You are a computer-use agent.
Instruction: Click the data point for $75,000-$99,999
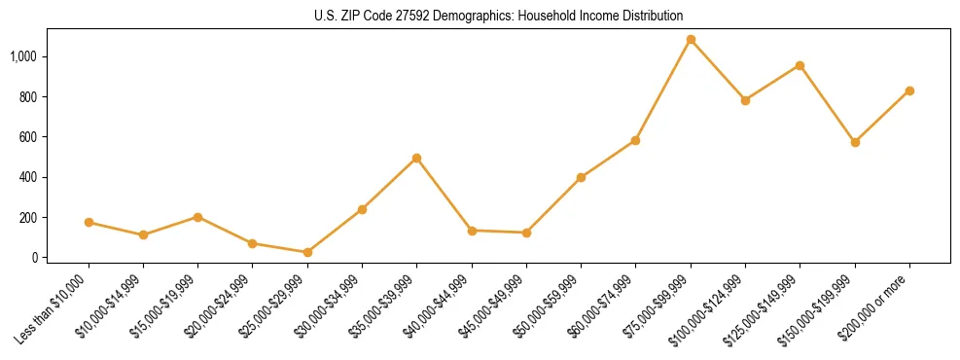691,40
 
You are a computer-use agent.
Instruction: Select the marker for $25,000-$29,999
307,252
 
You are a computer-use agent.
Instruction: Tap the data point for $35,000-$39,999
416,158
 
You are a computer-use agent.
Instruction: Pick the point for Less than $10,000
89,222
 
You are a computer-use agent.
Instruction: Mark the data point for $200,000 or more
909,90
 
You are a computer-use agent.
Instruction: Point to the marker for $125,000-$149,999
800,65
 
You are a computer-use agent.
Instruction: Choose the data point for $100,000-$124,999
745,100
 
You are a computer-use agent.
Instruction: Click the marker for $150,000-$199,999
855,142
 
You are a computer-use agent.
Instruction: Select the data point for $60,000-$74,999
635,140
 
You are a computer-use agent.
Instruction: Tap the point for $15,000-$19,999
197,217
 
